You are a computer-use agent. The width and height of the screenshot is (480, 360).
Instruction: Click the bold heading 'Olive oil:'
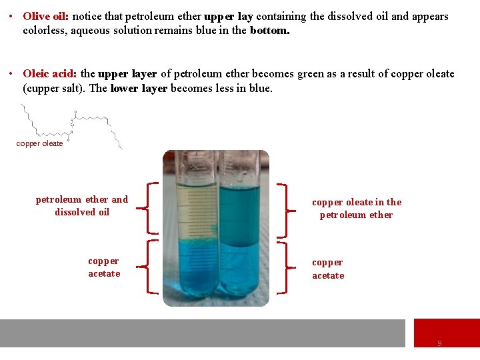click(x=45, y=16)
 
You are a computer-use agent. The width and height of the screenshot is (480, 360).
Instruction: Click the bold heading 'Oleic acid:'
click(x=50, y=74)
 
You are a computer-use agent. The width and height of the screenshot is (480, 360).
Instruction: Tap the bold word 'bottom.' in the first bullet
click(x=270, y=30)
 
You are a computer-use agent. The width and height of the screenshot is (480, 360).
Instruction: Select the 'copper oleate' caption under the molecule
click(x=39, y=143)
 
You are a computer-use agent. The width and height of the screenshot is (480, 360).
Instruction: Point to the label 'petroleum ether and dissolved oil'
click(x=82, y=205)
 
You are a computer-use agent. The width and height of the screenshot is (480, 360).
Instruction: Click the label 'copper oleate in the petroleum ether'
click(x=357, y=208)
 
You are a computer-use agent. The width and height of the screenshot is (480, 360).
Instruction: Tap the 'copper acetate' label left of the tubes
click(x=104, y=267)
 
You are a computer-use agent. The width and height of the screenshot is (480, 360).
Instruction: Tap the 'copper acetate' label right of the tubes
click(x=328, y=269)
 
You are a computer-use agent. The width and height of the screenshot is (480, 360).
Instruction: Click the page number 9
click(x=439, y=343)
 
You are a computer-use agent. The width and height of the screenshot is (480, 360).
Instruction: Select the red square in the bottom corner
click(x=446, y=333)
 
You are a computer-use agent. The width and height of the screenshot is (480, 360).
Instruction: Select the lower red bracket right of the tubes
click(x=283, y=267)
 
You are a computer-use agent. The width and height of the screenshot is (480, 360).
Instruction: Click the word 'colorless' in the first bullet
click(x=44, y=30)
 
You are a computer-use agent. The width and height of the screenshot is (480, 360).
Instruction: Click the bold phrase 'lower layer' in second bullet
click(x=139, y=88)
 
